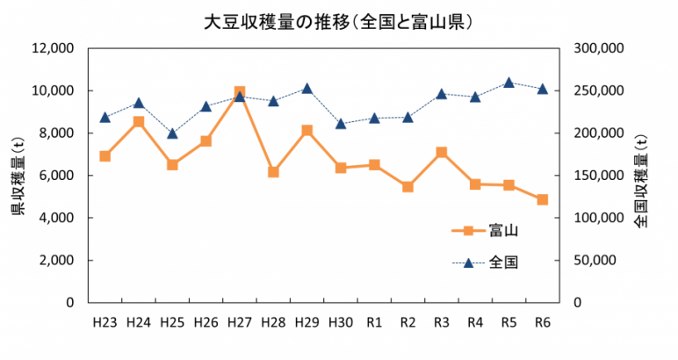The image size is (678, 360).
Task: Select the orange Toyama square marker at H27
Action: click(x=240, y=92)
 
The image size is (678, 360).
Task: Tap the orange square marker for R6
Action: click(x=543, y=199)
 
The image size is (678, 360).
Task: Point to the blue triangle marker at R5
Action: click(x=509, y=83)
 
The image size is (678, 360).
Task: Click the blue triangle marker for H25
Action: click(x=172, y=133)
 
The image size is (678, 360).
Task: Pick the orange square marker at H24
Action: click(x=139, y=122)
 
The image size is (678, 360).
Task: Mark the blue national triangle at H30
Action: click(x=341, y=123)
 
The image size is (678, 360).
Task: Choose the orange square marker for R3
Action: click(x=442, y=152)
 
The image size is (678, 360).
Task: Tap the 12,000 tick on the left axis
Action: click(x=54, y=48)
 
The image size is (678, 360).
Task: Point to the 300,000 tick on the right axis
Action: click(x=597, y=48)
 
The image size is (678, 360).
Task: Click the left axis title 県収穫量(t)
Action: click(x=17, y=175)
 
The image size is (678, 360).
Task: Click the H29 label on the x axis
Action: click(x=307, y=322)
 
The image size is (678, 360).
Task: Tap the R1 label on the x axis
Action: click(x=374, y=322)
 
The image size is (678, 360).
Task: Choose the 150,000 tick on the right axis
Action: click(x=597, y=176)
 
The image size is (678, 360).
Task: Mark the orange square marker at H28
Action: click(x=273, y=172)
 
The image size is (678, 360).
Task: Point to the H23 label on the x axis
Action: click(x=105, y=322)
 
